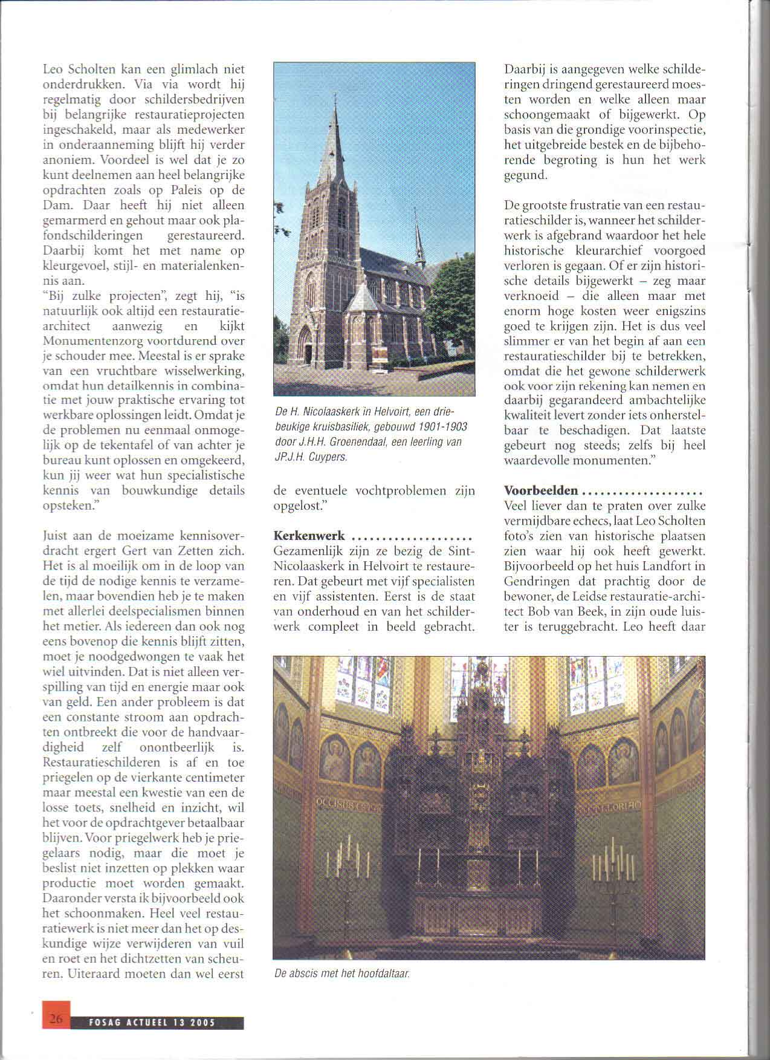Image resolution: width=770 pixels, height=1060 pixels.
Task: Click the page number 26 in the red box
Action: click(x=56, y=1018)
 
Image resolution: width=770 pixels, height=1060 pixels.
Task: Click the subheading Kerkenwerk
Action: click(x=309, y=536)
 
